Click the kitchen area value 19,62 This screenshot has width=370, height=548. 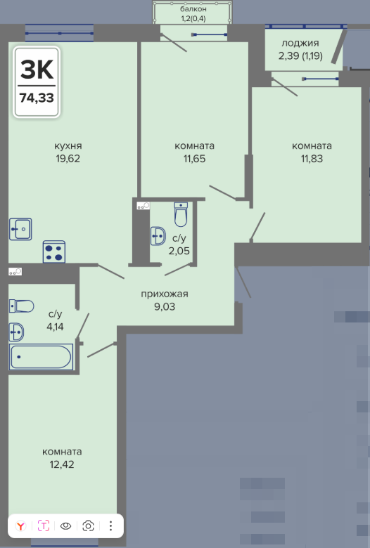68,158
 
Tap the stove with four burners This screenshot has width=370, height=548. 54,252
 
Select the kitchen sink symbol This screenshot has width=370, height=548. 20,229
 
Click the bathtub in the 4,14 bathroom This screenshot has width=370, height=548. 41,356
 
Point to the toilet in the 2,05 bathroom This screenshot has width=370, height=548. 181,214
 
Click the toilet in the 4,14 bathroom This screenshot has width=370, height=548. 21,306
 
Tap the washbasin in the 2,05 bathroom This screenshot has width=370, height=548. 158,236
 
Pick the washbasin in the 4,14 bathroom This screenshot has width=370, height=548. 16,332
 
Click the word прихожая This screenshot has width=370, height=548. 165,294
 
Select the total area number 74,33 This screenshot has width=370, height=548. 37,98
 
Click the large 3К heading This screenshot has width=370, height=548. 37,69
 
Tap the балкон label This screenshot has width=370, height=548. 193,8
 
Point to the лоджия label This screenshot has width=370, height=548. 300,44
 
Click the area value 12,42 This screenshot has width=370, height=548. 62,464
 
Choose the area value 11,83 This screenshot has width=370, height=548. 312,159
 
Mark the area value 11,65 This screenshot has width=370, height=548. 195,159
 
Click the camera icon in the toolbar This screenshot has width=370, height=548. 88,526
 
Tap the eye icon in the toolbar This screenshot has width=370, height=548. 66,526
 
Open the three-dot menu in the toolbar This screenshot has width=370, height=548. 110,526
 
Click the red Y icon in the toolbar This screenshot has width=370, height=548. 21,526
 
